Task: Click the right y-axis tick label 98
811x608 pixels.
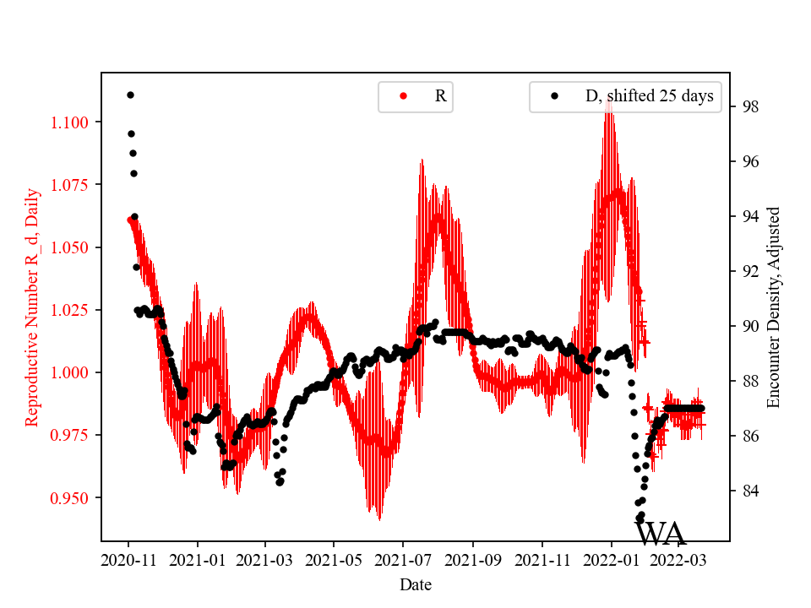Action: pos(748,106)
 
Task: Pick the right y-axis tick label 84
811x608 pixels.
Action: pos(748,491)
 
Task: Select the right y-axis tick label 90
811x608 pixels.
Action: pos(748,326)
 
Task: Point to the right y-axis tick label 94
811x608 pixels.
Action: pos(748,216)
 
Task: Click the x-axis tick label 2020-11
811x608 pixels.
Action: pos(129,559)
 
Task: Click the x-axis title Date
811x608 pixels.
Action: pos(416,584)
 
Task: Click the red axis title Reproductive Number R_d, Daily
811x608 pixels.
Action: pos(31,307)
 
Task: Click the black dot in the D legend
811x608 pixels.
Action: pos(554,96)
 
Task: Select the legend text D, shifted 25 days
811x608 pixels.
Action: pos(649,96)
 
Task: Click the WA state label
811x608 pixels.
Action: pos(661,535)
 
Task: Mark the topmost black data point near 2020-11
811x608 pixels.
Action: pos(130,95)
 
